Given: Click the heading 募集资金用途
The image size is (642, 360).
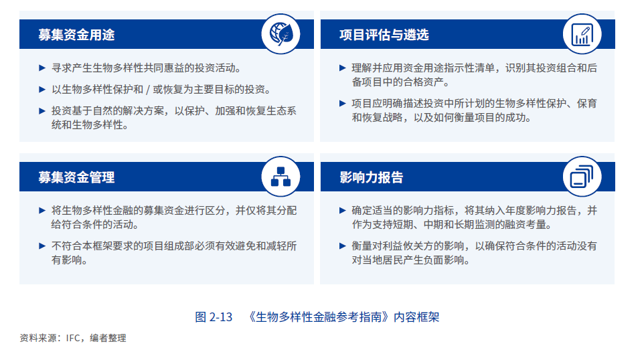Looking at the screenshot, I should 76,35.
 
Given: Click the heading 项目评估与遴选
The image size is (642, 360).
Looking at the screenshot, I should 384,35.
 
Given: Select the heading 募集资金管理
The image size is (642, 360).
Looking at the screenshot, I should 76,177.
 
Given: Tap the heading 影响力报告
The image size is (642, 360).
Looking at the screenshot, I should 372,177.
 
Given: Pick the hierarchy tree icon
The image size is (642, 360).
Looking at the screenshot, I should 280,175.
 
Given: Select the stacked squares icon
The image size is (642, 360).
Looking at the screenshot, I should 581,175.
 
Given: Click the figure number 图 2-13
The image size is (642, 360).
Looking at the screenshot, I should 214,317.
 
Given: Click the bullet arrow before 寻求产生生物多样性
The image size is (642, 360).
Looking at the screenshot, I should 43,68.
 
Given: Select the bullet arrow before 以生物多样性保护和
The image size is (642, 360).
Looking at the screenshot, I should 43,90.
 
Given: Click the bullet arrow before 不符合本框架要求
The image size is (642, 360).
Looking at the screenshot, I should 43,246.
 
